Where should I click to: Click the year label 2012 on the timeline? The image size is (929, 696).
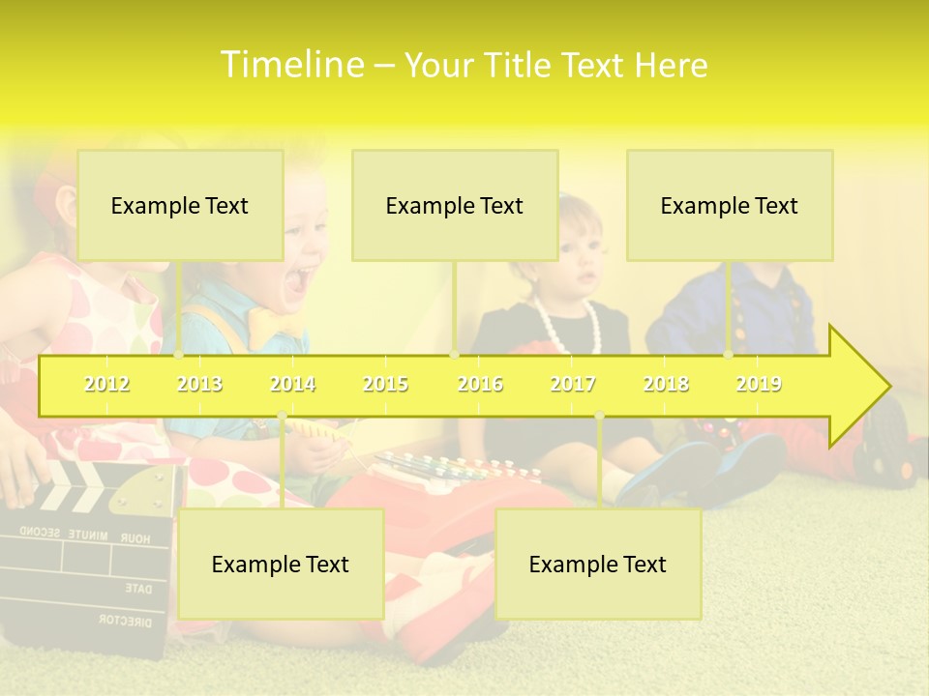click(x=106, y=384)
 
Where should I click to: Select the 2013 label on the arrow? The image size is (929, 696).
click(x=199, y=384)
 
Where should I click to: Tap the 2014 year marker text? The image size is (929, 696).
click(x=292, y=384)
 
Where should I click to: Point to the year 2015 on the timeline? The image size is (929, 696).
click(x=385, y=384)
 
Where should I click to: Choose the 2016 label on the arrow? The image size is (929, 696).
click(x=480, y=384)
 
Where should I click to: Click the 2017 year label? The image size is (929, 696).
click(x=573, y=384)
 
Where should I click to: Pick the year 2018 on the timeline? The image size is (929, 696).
click(x=666, y=384)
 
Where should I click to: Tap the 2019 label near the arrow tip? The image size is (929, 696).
click(x=759, y=384)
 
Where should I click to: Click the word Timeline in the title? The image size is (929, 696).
click(x=291, y=65)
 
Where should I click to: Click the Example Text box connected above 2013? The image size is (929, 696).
click(x=180, y=205)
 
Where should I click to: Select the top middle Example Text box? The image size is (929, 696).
click(x=455, y=205)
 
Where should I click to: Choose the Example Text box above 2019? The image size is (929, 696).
click(x=730, y=205)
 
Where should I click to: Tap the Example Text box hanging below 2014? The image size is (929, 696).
click(x=281, y=564)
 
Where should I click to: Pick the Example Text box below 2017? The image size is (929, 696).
click(x=598, y=564)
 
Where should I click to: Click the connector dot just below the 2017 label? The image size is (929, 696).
click(x=599, y=415)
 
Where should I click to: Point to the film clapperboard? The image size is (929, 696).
click(x=87, y=541)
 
